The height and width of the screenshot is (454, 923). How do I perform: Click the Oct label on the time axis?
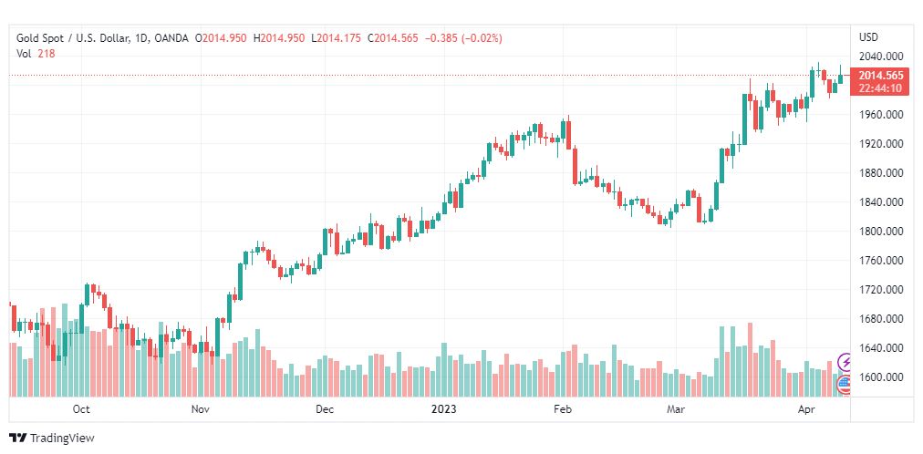click(81, 410)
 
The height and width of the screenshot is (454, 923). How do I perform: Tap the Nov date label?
click(202, 410)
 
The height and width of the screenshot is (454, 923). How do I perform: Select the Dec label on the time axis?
click(325, 410)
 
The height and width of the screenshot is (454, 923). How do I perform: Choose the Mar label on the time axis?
click(676, 410)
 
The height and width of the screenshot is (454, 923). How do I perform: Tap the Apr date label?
click(805, 410)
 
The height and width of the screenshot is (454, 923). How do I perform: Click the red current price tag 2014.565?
click(880, 76)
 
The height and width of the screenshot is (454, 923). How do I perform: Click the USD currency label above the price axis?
click(868, 37)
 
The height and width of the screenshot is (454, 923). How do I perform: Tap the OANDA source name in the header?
click(172, 38)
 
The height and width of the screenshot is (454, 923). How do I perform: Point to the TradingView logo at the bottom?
click(52, 439)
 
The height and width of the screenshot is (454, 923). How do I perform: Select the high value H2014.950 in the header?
click(280, 38)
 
